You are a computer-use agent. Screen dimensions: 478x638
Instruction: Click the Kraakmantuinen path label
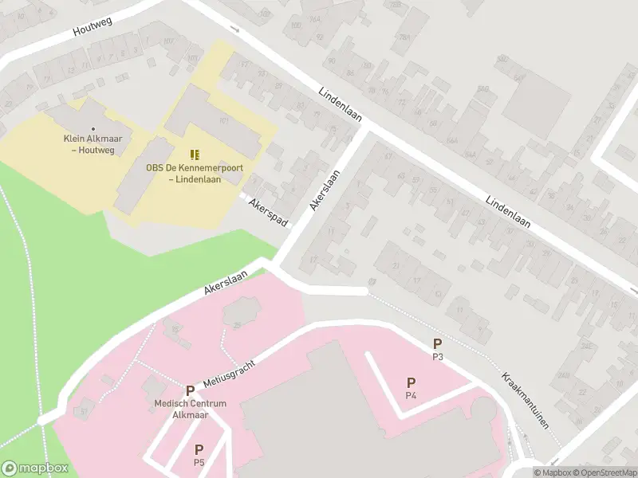[526, 401]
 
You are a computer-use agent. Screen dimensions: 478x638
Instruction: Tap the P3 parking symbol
[437, 343]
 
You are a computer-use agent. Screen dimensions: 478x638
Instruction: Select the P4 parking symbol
[411, 382]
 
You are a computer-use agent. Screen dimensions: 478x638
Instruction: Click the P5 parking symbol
[199, 449]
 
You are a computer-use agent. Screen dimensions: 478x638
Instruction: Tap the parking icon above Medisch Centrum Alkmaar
[190, 390]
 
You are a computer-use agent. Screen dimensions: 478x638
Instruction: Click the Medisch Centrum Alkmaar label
[191, 409]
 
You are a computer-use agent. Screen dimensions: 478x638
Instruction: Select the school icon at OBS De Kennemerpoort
[195, 154]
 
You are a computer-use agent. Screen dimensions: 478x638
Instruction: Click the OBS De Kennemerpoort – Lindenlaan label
[195, 173]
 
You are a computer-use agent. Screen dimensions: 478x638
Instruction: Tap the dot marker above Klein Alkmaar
[93, 128]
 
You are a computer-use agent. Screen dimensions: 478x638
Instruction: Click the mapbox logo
[34, 468]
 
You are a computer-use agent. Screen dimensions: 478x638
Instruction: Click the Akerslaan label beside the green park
[226, 282]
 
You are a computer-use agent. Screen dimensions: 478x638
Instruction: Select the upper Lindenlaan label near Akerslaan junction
[341, 104]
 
